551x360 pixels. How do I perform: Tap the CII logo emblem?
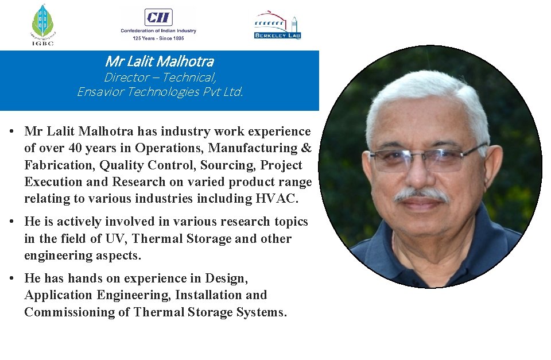click(x=158, y=17)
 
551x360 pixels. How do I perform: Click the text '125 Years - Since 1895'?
click(x=158, y=38)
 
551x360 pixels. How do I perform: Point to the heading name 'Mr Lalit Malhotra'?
click(x=159, y=61)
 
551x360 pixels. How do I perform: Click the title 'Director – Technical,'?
click(x=160, y=77)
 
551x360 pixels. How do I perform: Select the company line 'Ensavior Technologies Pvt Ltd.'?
click(x=160, y=92)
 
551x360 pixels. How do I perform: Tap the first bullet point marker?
click(x=11, y=131)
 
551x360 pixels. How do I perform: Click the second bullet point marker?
click(x=11, y=222)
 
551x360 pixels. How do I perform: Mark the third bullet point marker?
click(x=11, y=278)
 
